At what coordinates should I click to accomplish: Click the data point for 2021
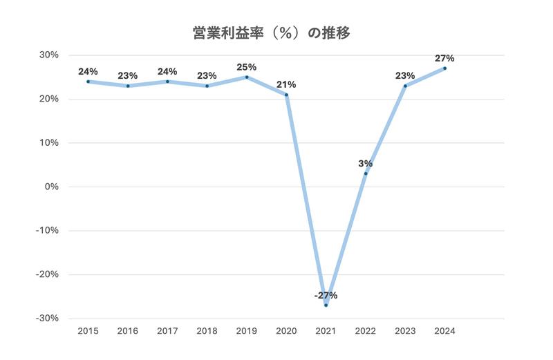click(326, 305)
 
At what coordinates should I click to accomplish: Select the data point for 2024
click(444, 68)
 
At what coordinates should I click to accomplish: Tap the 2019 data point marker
click(247, 77)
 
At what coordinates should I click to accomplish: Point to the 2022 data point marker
click(366, 173)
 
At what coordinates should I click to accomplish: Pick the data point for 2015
click(88, 82)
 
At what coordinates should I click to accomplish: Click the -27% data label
click(326, 296)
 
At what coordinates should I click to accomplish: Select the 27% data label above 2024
click(444, 59)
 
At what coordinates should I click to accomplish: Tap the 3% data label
click(366, 164)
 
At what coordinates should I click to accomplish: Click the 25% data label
click(247, 67)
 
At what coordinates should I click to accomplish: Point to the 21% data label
click(286, 84)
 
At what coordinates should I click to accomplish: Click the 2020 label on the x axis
click(286, 332)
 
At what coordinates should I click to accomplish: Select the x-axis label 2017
click(167, 332)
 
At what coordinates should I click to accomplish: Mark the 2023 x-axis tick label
click(405, 332)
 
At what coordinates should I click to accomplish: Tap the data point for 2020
click(286, 95)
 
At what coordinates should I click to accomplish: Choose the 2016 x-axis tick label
click(128, 332)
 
